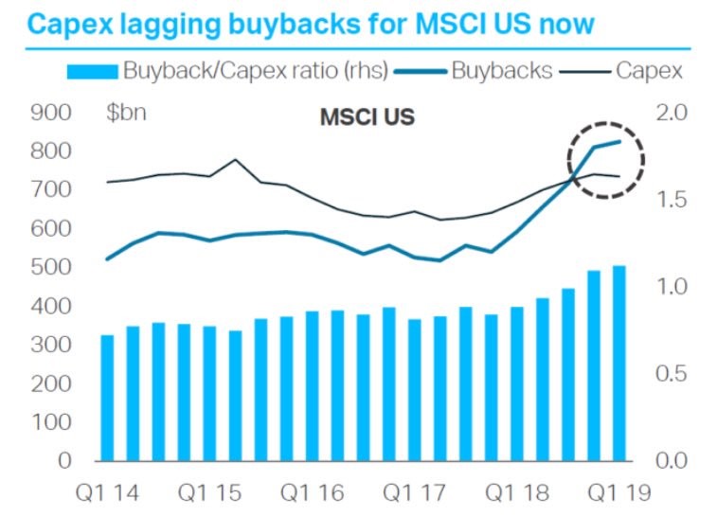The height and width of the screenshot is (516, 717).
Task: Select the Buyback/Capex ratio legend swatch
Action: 92,70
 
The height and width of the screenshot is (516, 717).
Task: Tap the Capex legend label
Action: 647,70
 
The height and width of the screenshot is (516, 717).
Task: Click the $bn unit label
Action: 126,115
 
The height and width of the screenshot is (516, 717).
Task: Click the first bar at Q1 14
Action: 107,398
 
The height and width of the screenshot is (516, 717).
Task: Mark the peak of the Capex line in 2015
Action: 235,160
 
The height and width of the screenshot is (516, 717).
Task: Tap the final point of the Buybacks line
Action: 619,141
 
